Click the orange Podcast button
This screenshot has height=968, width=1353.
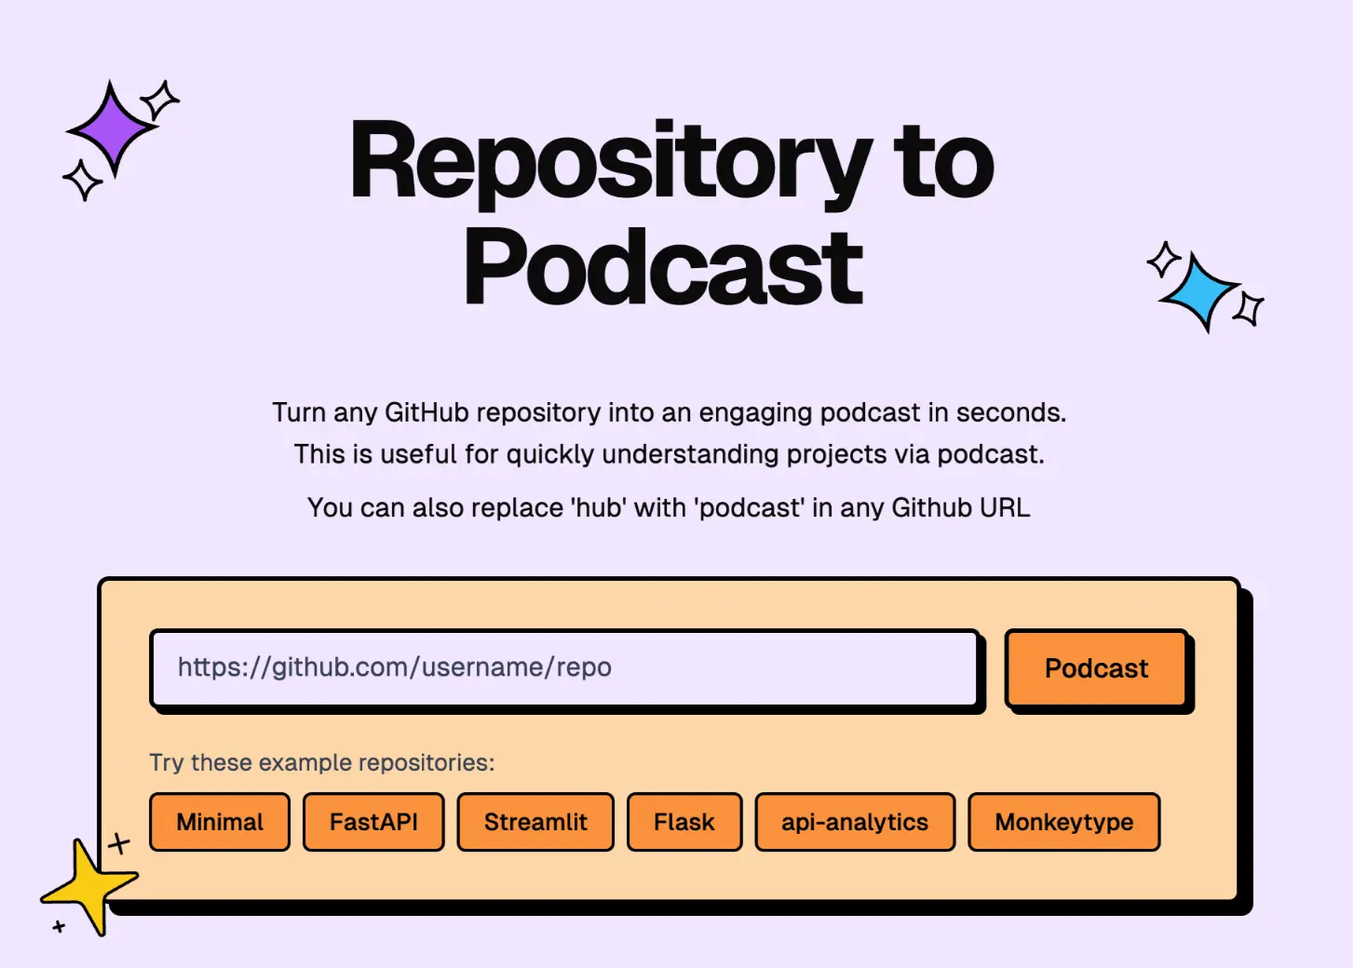tap(1096, 668)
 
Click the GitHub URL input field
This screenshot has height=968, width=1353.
tap(564, 667)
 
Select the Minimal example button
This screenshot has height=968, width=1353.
tap(220, 822)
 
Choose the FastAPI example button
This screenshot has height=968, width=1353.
tap(373, 822)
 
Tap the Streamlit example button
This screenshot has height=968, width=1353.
tap(535, 822)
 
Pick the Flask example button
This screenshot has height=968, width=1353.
tap(684, 822)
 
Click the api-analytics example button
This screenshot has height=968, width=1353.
tap(855, 822)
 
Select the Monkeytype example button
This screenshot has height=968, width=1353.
tap(1064, 822)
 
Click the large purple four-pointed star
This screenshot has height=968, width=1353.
tap(112, 128)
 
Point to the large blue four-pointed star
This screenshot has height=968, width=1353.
tap(1201, 291)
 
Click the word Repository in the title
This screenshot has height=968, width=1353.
tap(610, 163)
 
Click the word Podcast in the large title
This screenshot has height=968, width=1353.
tap(663, 269)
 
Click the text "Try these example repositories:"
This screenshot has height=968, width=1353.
tap(322, 762)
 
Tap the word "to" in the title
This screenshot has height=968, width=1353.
tap(943, 163)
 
